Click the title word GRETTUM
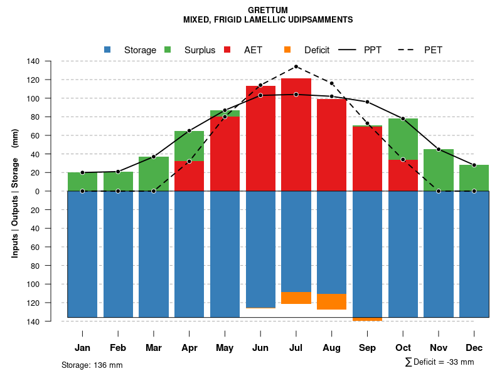click(268, 10)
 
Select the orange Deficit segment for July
click(296, 298)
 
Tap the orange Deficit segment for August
click(332, 301)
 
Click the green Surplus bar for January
click(82, 182)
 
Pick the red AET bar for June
click(260, 138)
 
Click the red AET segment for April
click(189, 176)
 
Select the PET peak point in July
click(296, 66)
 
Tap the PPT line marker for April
click(189, 130)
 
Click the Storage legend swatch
click(107, 50)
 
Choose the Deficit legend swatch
click(287, 50)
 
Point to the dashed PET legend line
click(406, 50)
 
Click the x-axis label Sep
click(367, 348)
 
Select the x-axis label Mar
click(154, 348)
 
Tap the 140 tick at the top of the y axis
click(51, 61)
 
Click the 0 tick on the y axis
click(55, 191)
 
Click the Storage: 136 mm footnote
click(92, 365)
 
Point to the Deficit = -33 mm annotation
click(440, 362)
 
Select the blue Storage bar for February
click(118, 254)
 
